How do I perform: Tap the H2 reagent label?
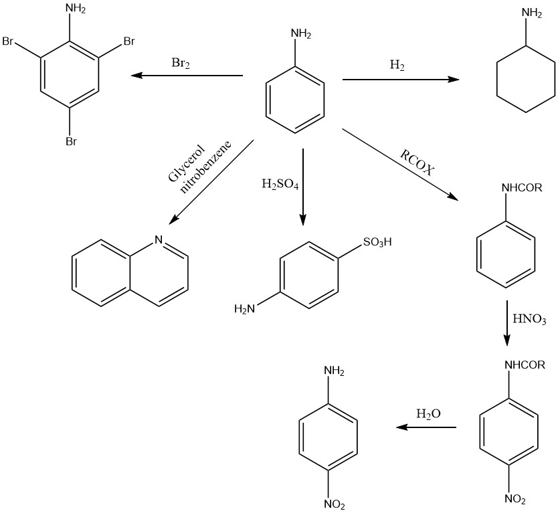397,66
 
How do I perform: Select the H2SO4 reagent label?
280,183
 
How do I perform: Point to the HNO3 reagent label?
529,319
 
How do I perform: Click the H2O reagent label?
428,414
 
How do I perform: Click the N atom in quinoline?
159,239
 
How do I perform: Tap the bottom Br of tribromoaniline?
70,141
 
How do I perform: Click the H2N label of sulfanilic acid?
244,309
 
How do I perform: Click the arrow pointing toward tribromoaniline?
187,76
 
